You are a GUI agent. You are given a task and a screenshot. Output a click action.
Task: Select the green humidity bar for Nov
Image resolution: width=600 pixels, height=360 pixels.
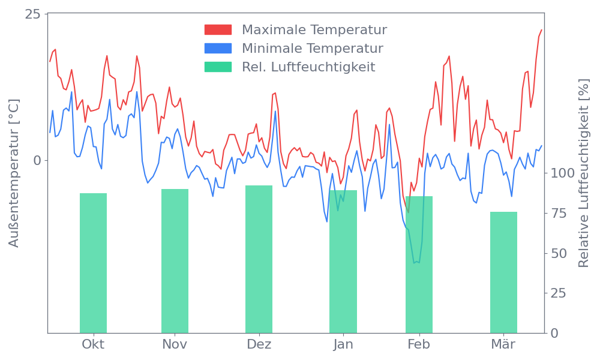coord(175,261)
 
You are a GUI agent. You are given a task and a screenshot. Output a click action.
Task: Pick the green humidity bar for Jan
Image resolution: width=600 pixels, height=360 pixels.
coord(343,262)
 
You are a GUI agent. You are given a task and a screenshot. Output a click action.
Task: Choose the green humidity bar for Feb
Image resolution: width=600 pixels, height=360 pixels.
coord(419,265)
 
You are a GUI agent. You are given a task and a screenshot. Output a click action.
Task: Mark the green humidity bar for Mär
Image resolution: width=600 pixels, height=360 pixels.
coord(503,272)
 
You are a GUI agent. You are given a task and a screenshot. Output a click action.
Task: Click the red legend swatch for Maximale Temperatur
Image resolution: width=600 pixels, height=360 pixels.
coord(218,30)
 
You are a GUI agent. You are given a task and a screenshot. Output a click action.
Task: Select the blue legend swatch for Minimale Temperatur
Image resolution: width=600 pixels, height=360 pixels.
coord(218,48)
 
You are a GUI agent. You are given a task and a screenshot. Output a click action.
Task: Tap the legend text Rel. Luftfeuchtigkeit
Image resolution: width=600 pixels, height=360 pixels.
coord(308,67)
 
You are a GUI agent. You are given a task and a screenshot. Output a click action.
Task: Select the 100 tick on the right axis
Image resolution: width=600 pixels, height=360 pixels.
coord(563,173)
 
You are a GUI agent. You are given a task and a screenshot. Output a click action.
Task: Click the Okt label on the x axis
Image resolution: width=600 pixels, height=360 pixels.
coord(93,344)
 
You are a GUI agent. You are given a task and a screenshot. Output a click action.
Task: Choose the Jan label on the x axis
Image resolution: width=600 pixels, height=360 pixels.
coord(343,344)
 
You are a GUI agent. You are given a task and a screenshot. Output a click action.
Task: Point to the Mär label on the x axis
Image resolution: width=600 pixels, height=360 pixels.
coord(503,344)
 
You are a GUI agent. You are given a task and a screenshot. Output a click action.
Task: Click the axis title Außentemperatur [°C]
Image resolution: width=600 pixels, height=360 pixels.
coord(14,173)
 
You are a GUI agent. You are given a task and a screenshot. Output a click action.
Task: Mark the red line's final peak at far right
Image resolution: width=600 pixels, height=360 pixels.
coord(541,29)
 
